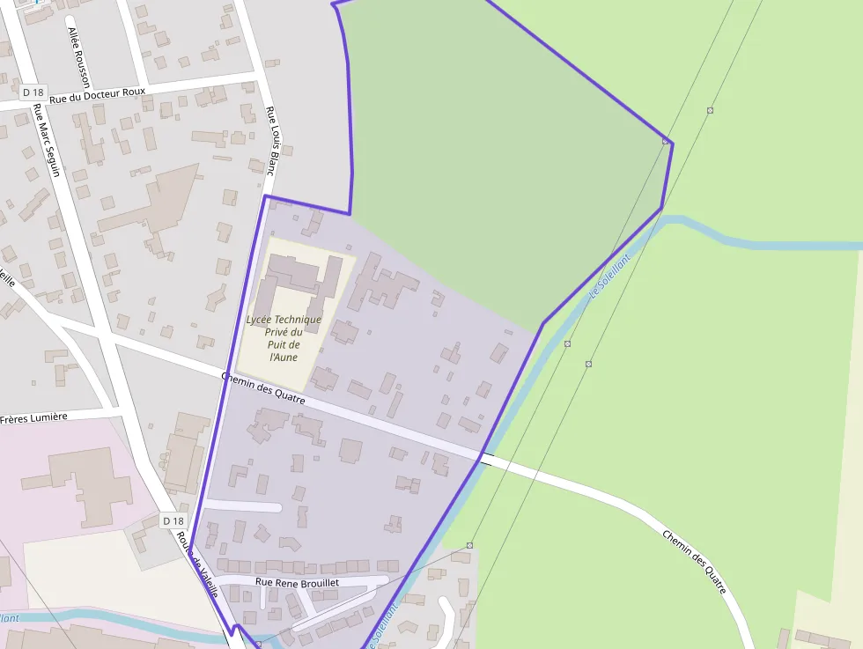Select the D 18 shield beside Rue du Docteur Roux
click(33, 92)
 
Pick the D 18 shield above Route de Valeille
click(173, 521)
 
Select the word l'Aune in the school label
click(284, 357)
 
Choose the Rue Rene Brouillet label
click(297, 582)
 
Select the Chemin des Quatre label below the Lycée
click(263, 388)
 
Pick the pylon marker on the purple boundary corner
click(666, 141)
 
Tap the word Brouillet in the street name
click(321, 582)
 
